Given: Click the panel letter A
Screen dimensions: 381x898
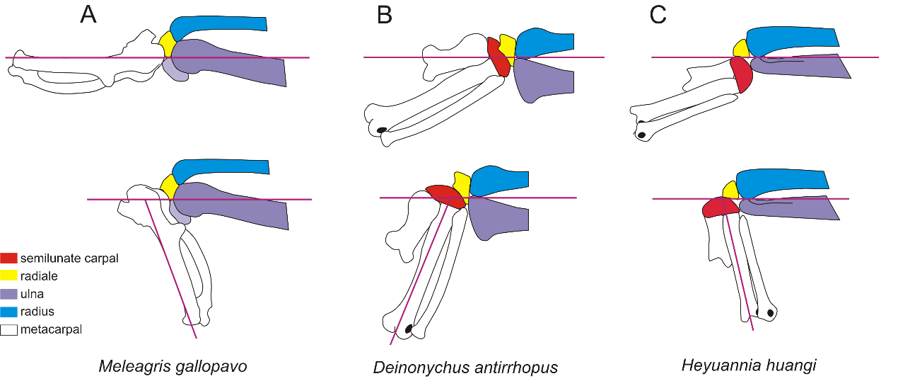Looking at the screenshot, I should [88, 15].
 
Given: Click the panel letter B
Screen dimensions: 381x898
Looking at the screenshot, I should [385, 15].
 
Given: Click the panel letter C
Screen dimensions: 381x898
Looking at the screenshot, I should [658, 15].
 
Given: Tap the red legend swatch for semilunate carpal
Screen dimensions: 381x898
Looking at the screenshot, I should [9, 258].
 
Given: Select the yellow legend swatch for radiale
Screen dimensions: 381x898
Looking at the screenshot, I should [9, 276].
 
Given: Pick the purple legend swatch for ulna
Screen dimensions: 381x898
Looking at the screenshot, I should [9, 294].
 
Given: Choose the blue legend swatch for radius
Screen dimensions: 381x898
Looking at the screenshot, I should [9, 312].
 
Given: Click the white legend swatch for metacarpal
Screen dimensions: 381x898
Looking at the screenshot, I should [9, 329].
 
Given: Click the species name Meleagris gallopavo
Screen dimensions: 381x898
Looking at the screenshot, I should [173, 366].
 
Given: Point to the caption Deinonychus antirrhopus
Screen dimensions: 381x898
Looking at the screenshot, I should [465, 368].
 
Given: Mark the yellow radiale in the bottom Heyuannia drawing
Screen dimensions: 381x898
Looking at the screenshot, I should [730, 190].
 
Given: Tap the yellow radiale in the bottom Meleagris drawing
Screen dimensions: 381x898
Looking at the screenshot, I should [168, 187].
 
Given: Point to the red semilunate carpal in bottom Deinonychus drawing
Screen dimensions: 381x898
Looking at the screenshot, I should [445, 195].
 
